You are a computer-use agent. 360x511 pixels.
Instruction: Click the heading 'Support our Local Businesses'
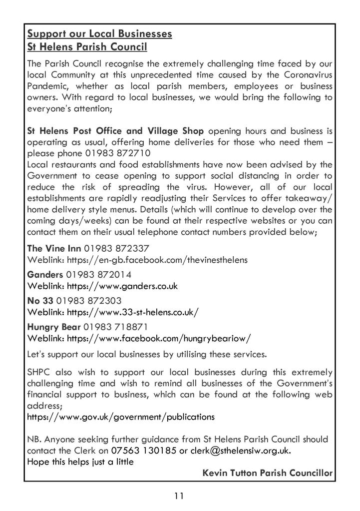click(99, 34)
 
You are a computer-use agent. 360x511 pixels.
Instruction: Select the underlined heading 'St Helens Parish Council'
click(87, 47)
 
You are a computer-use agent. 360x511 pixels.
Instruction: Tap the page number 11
click(180, 496)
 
